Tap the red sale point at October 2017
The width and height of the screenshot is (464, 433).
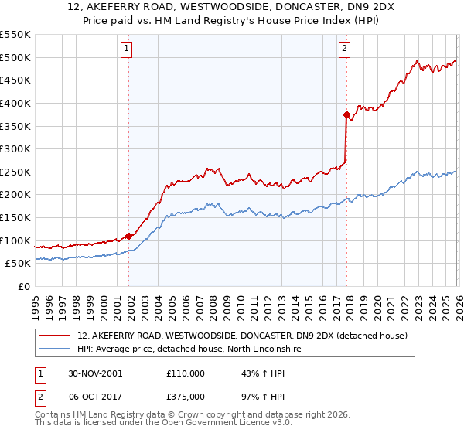point(346,114)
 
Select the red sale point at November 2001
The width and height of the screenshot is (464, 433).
point(129,236)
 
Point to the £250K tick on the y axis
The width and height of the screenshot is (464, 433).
point(17,172)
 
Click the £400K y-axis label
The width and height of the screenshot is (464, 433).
point(17,103)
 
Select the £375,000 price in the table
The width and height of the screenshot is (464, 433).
point(186,396)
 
